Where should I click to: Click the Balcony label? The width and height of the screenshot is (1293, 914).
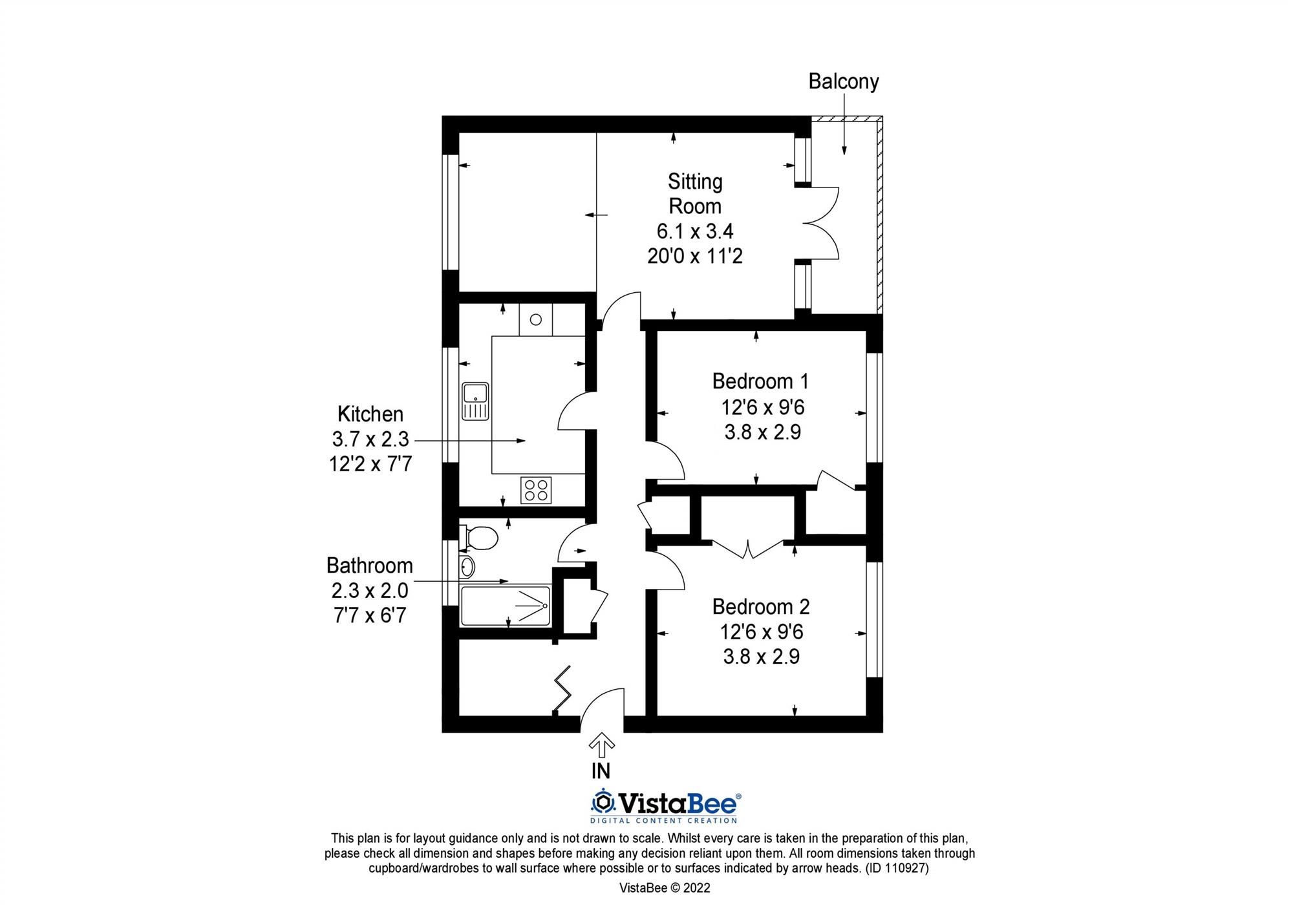[843, 81]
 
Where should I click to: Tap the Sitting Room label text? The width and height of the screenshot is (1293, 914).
[695, 193]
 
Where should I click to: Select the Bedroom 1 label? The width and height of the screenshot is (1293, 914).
[760, 381]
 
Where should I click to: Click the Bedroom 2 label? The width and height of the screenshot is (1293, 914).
[760, 606]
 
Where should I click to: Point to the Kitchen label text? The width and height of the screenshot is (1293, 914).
[370, 414]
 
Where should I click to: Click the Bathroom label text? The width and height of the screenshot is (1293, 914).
[369, 565]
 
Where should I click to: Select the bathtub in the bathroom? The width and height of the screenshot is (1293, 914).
[506, 606]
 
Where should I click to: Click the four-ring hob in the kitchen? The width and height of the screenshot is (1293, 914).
[536, 489]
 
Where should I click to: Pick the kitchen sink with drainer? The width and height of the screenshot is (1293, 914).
[475, 401]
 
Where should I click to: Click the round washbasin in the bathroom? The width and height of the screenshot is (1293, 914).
[467, 567]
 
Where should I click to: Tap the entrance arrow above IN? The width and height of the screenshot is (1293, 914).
[601, 745]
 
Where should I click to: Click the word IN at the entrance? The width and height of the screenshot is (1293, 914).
[601, 771]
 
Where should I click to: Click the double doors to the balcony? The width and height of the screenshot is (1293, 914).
[821, 223]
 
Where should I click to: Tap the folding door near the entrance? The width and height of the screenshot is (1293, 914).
[562, 690]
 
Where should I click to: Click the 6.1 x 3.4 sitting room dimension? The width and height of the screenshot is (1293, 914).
[695, 231]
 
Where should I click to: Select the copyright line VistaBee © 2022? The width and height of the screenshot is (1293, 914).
[665, 887]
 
